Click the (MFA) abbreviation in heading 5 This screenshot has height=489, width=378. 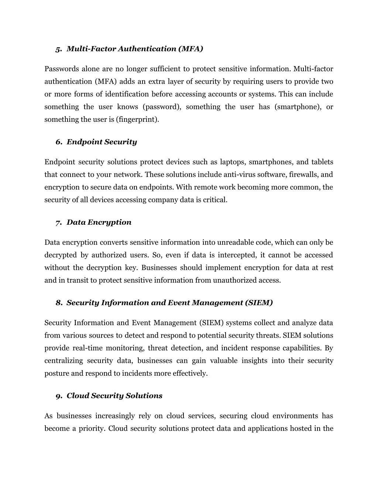[190, 49]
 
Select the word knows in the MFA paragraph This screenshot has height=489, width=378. [128, 107]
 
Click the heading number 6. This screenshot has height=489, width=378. [59, 142]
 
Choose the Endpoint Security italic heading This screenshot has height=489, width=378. [102, 142]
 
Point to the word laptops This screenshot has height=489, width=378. [233, 162]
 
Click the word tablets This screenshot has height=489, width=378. [322, 162]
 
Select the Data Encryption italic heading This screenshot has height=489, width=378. [99, 223]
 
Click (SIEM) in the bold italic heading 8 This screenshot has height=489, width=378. [259, 303]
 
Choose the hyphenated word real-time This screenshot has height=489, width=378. [87, 348]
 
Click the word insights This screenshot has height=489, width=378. [254, 361]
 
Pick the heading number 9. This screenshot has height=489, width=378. [59, 396]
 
